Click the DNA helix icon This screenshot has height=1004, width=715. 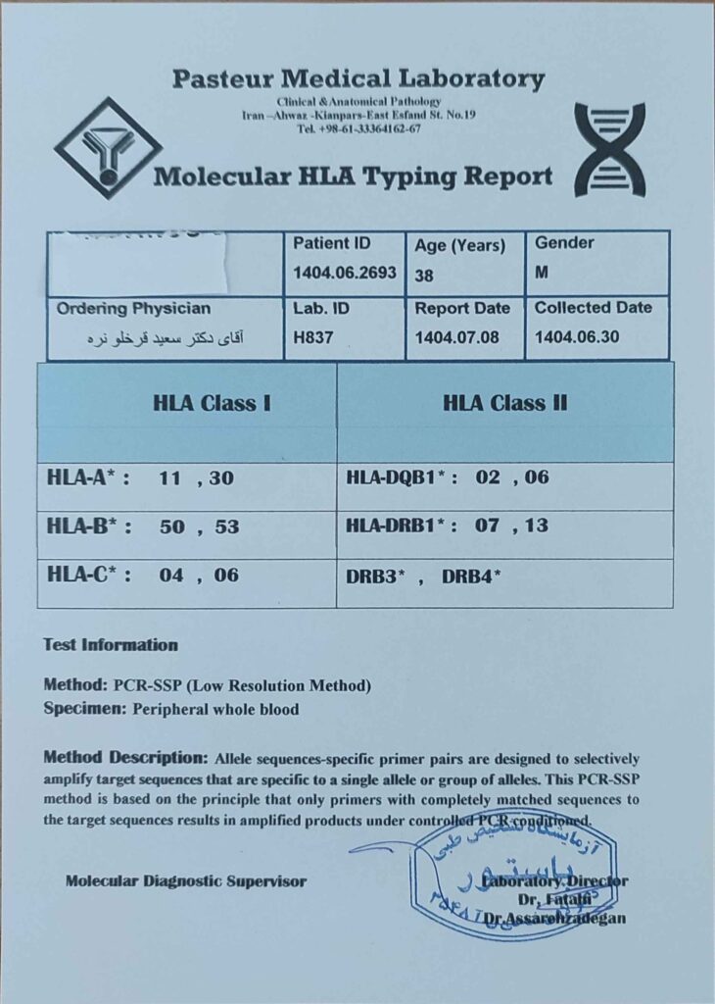coord(609,149)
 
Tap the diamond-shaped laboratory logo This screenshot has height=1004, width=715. coord(108,147)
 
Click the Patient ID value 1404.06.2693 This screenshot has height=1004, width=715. coord(344,274)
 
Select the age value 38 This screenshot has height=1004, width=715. coord(424,276)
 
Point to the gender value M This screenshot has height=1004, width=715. coord(542,274)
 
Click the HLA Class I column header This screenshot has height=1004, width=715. coord(212,402)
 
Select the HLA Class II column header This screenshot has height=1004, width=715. coord(504,402)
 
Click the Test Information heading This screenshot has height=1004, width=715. coord(111,645)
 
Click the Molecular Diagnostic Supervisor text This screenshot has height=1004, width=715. coord(186,881)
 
